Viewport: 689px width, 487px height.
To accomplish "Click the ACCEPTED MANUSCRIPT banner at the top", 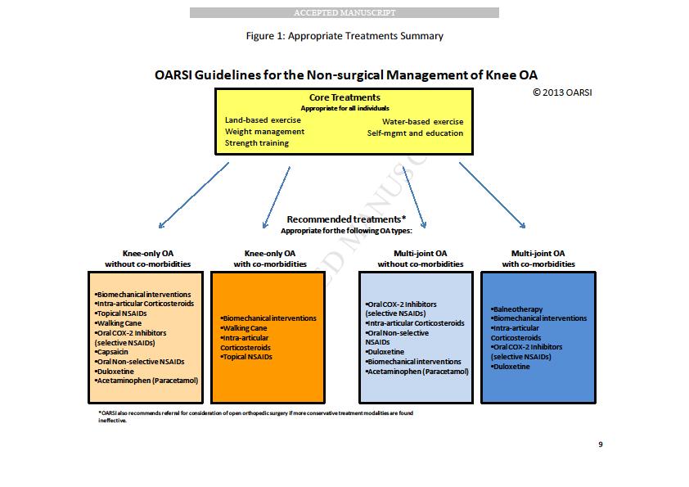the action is coord(344,13).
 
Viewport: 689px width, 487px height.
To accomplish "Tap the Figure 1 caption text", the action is coord(344,36).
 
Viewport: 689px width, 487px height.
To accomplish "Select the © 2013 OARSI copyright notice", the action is coord(562,92).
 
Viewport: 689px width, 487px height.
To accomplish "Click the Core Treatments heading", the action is coord(344,97).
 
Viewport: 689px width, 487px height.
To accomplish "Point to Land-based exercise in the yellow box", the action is coord(263,120).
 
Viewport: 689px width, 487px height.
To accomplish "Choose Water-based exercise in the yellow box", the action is coord(423,122).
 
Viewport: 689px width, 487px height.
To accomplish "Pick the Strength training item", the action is coord(257,143).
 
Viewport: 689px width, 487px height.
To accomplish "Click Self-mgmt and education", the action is coord(415,133).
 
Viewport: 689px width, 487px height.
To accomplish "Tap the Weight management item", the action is coord(264,132).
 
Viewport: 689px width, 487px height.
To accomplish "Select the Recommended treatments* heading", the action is coord(346,219).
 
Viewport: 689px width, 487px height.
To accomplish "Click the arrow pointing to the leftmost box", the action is coord(194,196).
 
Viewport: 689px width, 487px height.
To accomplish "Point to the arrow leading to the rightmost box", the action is coord(492,196).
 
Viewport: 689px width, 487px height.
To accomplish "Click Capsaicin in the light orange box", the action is coord(111,352).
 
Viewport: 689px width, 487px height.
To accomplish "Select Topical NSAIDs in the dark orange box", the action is coord(246,357).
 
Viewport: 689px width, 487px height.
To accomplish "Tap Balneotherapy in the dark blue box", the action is coord(517,309).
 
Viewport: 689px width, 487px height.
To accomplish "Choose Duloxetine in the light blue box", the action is coord(385,352).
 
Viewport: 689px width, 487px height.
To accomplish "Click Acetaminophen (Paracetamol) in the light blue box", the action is coord(417,372).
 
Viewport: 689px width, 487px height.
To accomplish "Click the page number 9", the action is coord(601,444).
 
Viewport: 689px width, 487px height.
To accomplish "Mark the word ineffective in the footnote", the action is coord(112,421).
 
